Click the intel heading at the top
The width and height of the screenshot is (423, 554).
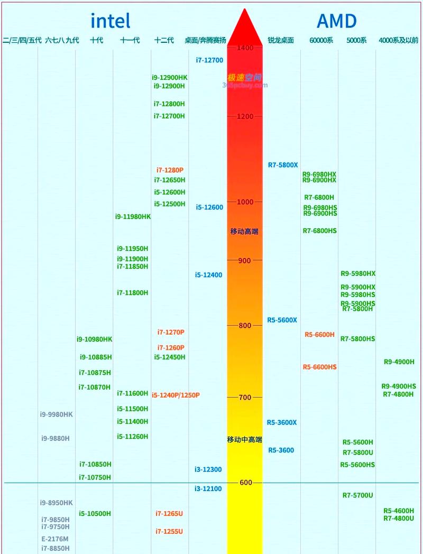coord(111,21)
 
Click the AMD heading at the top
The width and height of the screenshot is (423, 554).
coord(336,21)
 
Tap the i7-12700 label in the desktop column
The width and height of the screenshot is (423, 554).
coord(209,60)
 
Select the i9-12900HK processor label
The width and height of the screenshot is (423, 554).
coord(169,78)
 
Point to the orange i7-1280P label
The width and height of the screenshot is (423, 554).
coord(170,170)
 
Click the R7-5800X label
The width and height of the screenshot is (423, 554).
coord(283,165)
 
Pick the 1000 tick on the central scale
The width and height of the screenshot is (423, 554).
coord(245,202)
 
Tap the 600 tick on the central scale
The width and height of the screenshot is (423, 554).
coord(245,483)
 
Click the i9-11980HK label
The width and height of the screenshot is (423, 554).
coord(133,217)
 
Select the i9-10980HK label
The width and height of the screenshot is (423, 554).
coord(94,339)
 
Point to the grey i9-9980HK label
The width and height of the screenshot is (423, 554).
coord(56,414)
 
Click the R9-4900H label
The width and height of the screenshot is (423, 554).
coord(399,362)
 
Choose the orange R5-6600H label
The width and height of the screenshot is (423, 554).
coord(319,335)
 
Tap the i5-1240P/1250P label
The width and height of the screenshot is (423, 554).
coord(176,395)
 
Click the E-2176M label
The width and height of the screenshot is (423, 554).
coord(55,539)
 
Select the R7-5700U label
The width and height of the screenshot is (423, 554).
coord(357,495)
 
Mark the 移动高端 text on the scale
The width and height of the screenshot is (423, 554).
coord(244,232)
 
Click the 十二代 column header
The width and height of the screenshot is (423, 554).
coord(164,40)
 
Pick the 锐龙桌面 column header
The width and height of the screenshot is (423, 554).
coord(281,40)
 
